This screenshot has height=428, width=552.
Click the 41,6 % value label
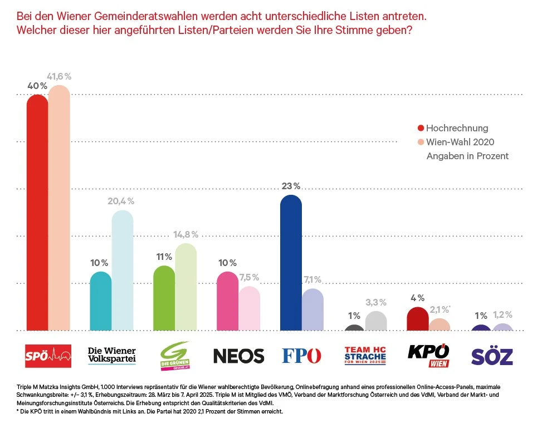pos(58,76)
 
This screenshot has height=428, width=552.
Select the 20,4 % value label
pos(121,201)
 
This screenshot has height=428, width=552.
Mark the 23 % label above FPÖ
pos(291,186)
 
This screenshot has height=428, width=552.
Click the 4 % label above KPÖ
pos(417,298)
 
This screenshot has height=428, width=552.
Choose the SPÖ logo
pos(48,356)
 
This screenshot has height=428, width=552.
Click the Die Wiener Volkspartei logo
pos(112,356)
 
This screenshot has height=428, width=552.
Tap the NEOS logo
pos(239,356)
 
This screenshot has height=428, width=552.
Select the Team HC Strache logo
pos(365,356)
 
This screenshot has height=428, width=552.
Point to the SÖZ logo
pos(492,356)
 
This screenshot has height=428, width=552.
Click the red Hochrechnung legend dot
pos(421,128)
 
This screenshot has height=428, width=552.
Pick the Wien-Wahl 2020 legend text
pos(460,142)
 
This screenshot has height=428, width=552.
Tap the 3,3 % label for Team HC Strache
pos(376,302)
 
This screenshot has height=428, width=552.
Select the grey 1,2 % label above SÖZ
pos(502,314)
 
